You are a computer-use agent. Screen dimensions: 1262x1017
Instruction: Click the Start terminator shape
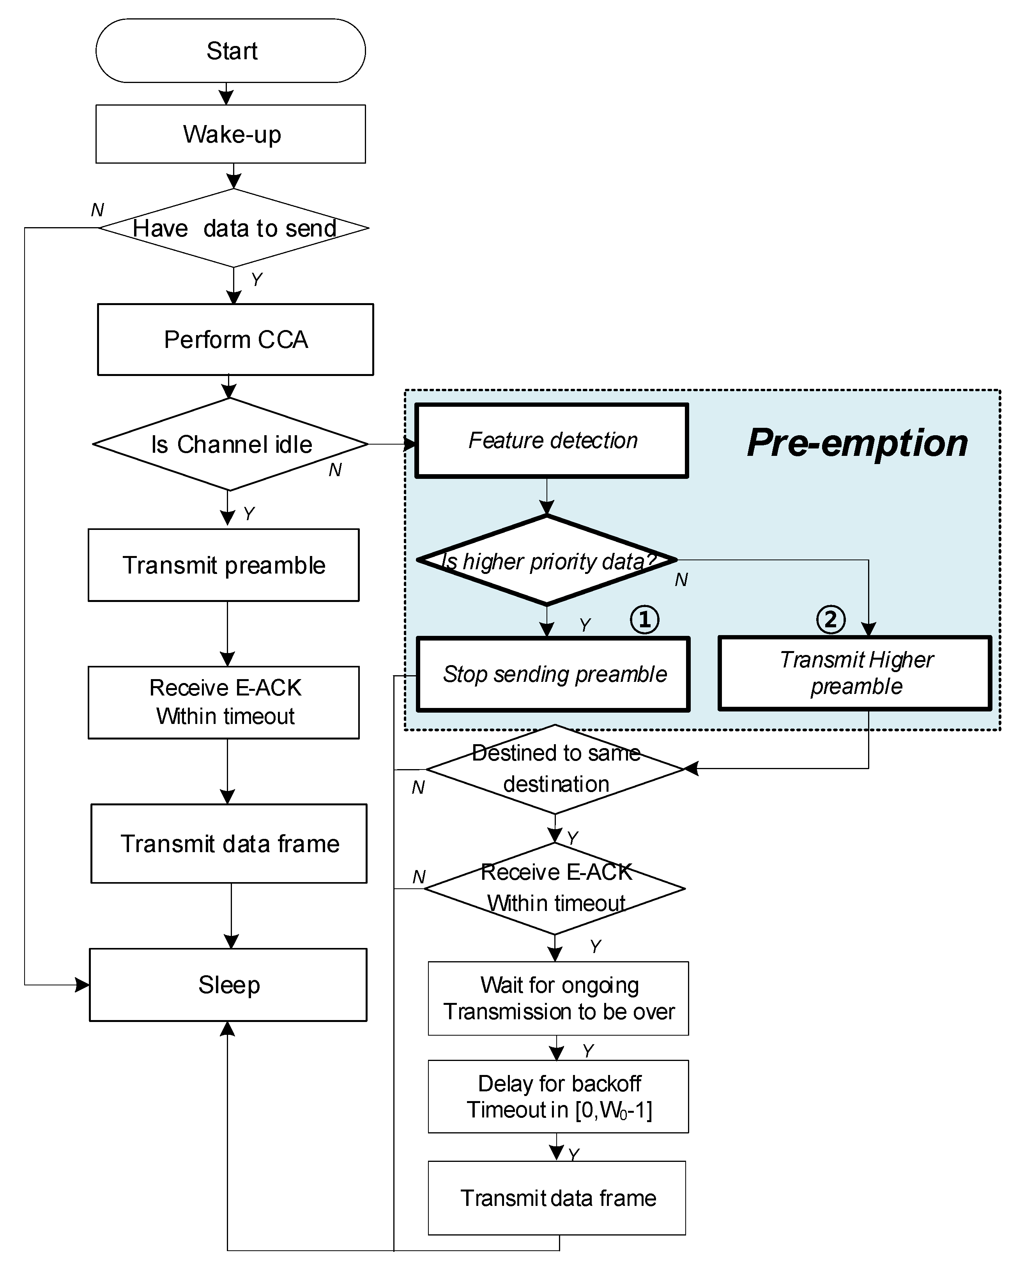[230, 50]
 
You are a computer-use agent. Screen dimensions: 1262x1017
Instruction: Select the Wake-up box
[230, 134]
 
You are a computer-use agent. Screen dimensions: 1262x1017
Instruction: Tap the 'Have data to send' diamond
[234, 228]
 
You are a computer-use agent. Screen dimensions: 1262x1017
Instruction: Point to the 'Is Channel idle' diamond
[230, 444]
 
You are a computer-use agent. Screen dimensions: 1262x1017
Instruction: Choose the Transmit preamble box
[223, 565]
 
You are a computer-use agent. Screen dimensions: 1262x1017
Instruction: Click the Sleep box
[228, 985]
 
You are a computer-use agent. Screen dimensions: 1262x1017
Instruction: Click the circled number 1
[644, 619]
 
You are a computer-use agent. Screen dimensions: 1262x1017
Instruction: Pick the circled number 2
[830, 619]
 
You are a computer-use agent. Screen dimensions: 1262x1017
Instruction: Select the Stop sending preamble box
[553, 674]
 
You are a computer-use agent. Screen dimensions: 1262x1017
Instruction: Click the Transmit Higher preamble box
[855, 673]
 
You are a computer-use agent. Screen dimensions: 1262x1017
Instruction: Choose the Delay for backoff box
[558, 1096]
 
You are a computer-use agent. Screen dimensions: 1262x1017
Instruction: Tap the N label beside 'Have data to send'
[97, 210]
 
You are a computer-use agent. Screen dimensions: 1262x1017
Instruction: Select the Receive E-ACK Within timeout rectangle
[223, 702]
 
